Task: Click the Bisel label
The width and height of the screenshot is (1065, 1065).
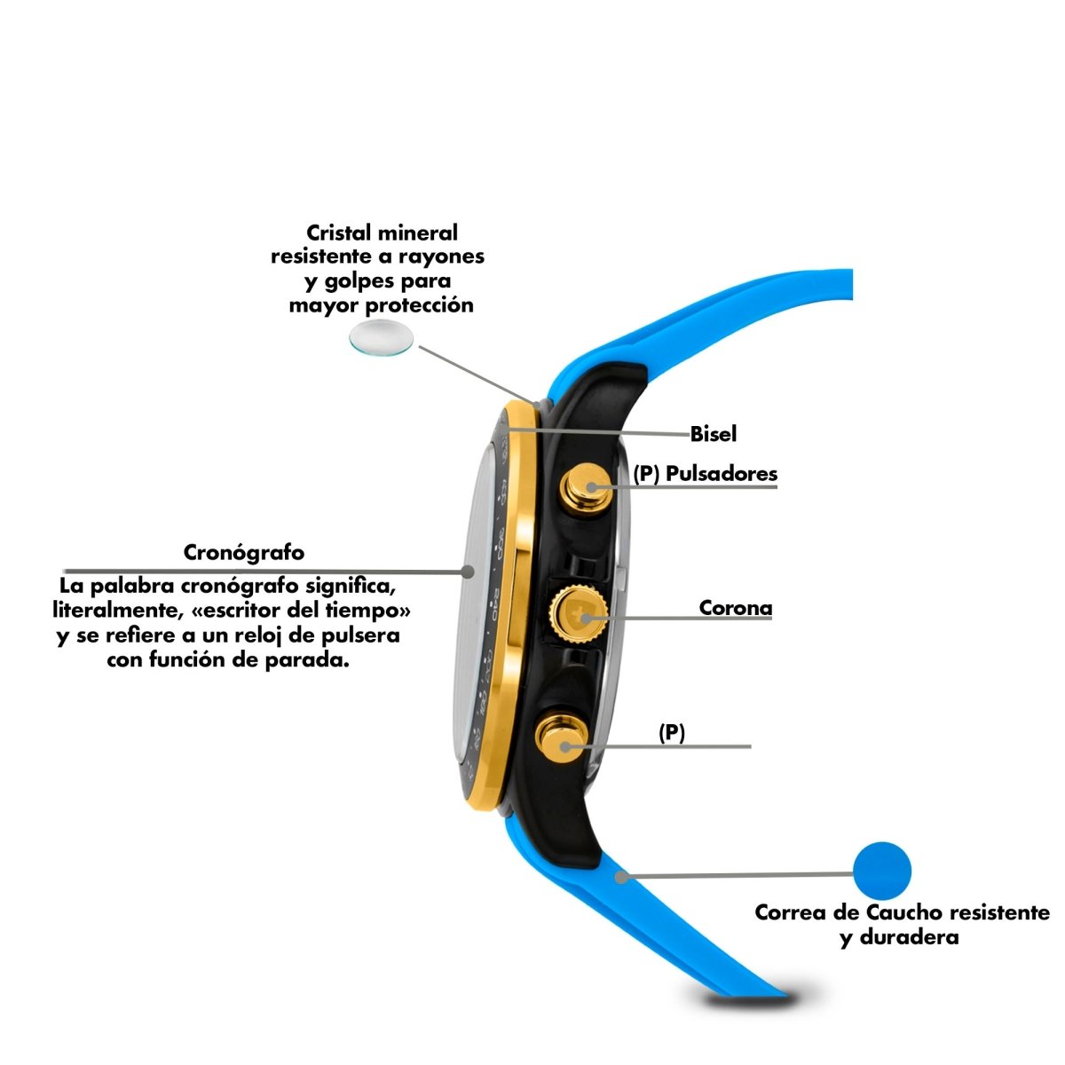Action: [713, 434]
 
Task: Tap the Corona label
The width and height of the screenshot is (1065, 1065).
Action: [736, 607]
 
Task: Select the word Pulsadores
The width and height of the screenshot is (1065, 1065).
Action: [722, 474]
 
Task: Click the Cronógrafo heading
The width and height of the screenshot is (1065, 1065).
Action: [244, 552]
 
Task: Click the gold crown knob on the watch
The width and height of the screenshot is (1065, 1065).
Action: [579, 614]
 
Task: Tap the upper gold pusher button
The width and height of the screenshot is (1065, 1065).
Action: [587, 487]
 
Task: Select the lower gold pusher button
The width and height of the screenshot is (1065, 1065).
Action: [562, 738]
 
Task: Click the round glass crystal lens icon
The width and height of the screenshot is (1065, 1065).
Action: [382, 337]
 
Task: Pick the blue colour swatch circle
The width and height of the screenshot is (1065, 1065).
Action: [882, 871]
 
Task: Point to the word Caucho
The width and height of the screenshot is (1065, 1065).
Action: [904, 912]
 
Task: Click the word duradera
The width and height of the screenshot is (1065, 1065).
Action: [910, 937]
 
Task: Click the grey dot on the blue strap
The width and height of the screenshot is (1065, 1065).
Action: [622, 877]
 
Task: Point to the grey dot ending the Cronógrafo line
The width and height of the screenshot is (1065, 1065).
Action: [468, 572]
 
